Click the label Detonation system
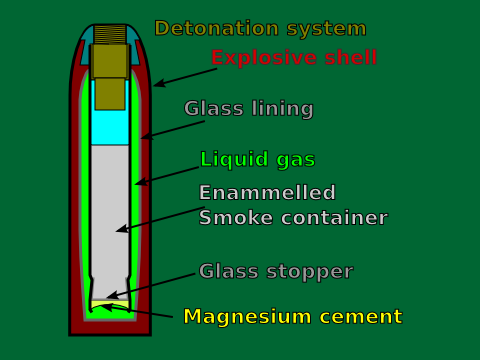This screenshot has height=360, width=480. (260, 28)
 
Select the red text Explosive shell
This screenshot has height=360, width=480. (294, 57)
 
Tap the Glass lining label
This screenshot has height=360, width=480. (248, 108)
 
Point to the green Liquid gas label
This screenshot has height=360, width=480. (257, 159)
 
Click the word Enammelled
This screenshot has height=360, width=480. (267, 193)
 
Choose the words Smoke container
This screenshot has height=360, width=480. (292, 217)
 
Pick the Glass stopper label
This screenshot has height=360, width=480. (275, 271)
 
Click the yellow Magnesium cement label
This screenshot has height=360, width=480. (292, 317)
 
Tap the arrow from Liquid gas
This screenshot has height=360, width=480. (165, 175)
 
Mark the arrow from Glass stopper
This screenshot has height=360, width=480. (150, 285)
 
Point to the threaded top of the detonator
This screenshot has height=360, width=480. (110, 34)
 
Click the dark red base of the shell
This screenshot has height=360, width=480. (110, 327)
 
